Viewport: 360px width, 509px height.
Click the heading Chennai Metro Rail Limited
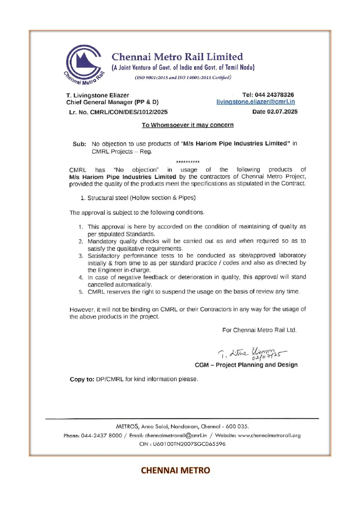tap(177, 57)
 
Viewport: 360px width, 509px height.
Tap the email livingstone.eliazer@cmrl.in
tap(256, 102)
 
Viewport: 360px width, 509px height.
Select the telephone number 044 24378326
tap(274, 95)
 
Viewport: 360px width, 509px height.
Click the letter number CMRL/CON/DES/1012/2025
tap(129, 112)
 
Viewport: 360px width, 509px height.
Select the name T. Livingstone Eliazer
tap(97, 95)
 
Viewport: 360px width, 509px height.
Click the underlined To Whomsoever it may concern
tap(187, 125)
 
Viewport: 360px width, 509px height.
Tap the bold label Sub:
tap(79, 144)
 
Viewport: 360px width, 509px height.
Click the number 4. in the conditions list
tap(81, 277)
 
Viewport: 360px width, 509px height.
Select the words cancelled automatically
tap(120, 285)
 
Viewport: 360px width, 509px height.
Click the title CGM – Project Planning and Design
tap(246, 365)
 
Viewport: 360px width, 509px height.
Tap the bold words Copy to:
tap(82, 379)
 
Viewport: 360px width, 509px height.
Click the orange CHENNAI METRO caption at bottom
tap(175, 470)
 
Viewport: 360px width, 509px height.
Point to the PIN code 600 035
tap(237, 427)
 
